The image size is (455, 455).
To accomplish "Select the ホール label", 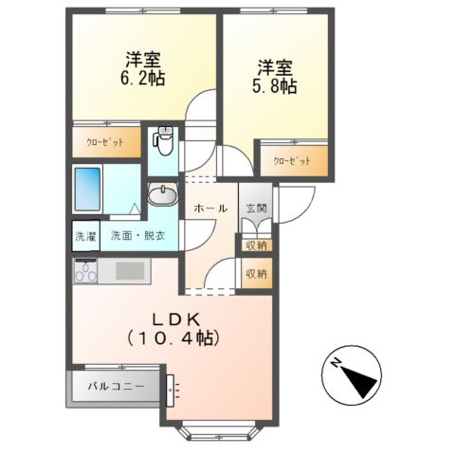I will (209, 208).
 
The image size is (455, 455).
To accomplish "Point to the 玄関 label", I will (256, 208).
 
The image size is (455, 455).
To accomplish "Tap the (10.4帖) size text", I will (174, 337).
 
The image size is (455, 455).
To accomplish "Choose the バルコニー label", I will (116, 387).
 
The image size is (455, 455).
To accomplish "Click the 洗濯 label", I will (85, 236).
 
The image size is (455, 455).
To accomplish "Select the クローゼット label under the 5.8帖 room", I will (293, 161).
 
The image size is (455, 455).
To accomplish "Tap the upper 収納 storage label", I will (256, 246).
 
